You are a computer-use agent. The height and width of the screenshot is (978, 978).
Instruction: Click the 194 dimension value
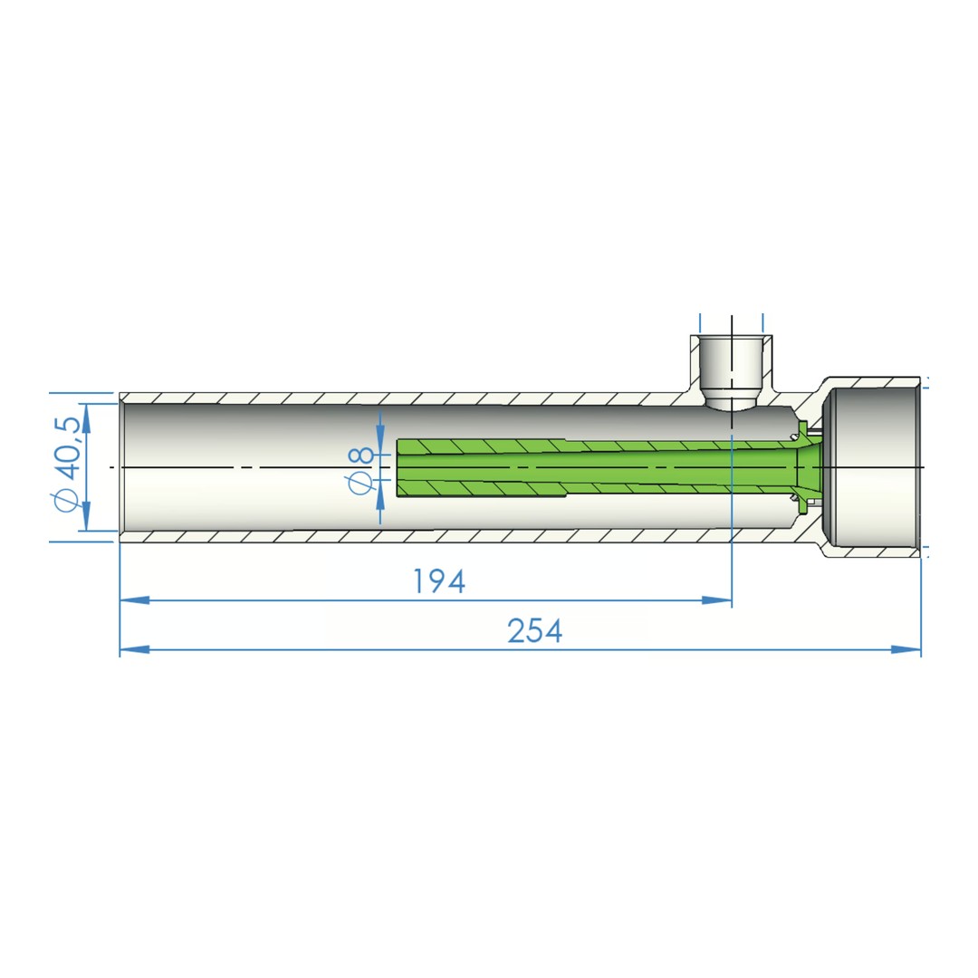click(x=439, y=582)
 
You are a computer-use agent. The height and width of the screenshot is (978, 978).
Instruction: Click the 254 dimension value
click(x=535, y=631)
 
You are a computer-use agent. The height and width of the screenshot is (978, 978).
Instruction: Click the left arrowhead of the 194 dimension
click(x=131, y=599)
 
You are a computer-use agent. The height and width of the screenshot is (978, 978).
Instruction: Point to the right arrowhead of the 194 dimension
click(x=720, y=599)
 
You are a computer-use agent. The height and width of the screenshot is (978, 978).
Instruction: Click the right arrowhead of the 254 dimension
click(x=909, y=649)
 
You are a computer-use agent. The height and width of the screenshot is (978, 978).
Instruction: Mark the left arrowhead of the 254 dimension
click(x=131, y=649)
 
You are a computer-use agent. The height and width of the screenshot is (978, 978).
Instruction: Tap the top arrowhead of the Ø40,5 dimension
click(x=87, y=413)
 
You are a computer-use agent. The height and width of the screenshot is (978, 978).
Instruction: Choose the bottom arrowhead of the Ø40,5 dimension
click(x=87, y=521)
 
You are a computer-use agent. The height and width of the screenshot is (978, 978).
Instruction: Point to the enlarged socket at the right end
click(x=874, y=465)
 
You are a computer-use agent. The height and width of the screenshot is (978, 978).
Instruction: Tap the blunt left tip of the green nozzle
click(x=399, y=467)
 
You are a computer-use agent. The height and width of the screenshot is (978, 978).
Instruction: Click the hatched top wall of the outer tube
click(x=407, y=398)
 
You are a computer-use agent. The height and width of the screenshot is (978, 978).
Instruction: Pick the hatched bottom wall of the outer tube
click(x=407, y=536)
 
